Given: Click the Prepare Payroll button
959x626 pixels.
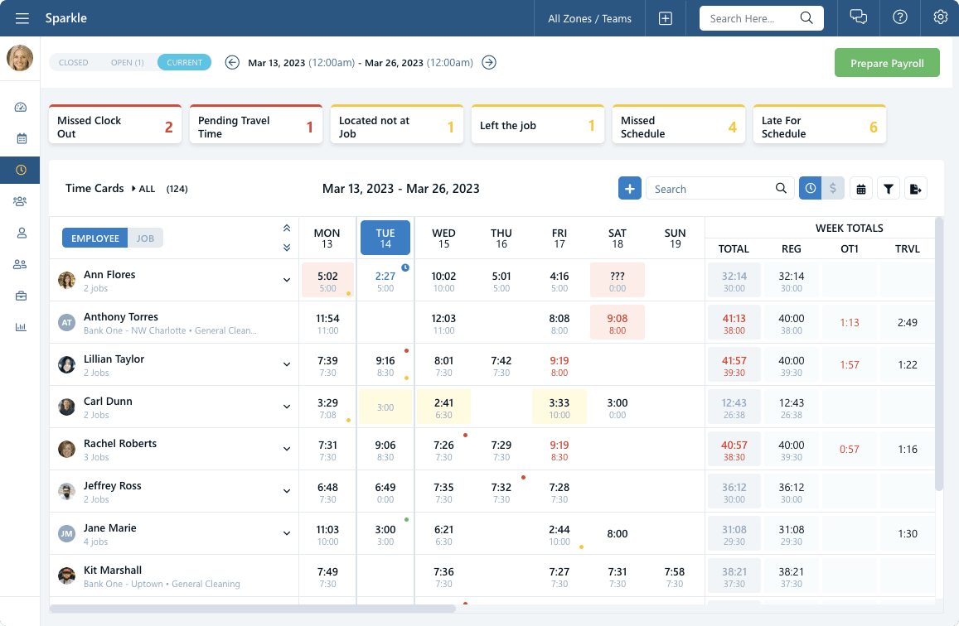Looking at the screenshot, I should click(887, 63).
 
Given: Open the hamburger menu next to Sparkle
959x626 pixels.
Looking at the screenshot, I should click(22, 18).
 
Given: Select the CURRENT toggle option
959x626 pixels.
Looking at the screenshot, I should click(184, 62).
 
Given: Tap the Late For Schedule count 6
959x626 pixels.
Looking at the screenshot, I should click(873, 128).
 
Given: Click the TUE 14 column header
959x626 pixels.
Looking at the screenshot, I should click(385, 238).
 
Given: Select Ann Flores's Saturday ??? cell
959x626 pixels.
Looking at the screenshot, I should click(617, 281).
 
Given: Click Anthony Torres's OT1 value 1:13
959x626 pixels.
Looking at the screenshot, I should click(849, 323).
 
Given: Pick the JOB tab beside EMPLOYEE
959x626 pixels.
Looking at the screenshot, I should click(145, 238).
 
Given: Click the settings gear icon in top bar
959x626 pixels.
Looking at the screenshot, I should click(940, 18).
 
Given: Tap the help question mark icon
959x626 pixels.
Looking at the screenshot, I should click(899, 18).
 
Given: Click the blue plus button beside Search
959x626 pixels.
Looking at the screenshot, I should click(629, 189).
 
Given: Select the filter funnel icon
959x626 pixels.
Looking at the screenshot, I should click(888, 189).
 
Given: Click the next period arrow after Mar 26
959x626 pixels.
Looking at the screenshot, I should click(489, 62).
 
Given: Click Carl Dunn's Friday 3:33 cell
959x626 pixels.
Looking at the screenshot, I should click(559, 407).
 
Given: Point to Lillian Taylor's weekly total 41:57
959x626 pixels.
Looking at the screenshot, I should click(734, 365).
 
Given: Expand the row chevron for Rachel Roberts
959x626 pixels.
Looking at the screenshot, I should click(287, 449).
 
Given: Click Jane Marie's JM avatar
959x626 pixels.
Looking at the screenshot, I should click(67, 534).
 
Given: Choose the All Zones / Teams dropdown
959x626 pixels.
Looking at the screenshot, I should click(589, 18).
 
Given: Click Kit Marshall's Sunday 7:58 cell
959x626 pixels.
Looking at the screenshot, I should click(675, 576).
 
